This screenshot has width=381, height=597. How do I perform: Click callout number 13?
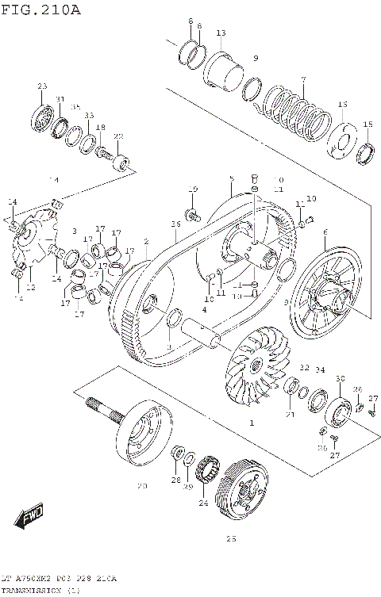pos(221,33)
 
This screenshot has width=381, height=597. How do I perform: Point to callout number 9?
pos(256,59)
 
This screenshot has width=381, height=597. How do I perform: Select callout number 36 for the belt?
pos(175,225)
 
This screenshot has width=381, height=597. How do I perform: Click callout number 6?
pos(325,232)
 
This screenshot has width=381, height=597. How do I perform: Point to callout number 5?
pos(230,178)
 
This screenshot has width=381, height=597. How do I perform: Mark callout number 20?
pos(143,485)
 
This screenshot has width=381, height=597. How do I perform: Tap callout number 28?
pos(175,480)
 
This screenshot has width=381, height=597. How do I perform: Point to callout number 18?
pos(100,127)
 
